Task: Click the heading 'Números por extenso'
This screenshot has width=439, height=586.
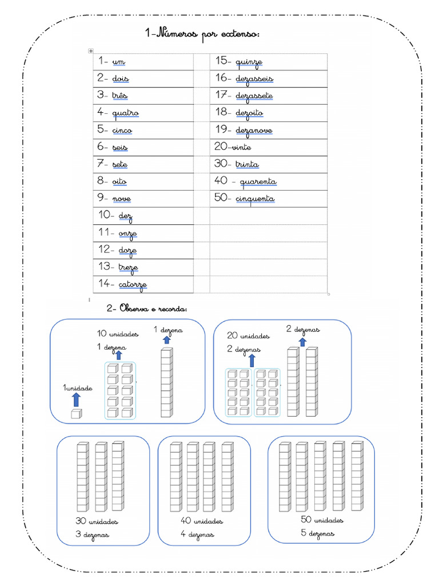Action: [203, 35]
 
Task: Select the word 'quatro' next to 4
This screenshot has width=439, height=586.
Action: [125, 113]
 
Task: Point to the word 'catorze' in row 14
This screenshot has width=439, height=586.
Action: [133, 284]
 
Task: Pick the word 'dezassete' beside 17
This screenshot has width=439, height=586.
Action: [254, 96]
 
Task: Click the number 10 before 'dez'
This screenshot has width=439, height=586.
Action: [106, 216]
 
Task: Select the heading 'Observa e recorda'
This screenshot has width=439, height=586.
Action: [147, 309]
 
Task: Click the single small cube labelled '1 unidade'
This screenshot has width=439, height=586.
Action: [76, 414]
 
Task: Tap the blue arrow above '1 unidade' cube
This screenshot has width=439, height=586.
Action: [77, 399]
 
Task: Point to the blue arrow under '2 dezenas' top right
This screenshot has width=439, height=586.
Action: [303, 341]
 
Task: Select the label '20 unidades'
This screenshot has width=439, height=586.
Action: [248, 335]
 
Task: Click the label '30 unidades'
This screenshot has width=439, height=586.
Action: [97, 521]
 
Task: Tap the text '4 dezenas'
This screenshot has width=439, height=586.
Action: [197, 534]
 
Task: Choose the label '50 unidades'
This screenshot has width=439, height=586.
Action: [322, 520]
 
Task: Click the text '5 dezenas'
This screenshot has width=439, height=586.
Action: [317, 534]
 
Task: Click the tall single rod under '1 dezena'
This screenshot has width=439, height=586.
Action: [166, 383]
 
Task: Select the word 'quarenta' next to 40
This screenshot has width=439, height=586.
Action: [258, 182]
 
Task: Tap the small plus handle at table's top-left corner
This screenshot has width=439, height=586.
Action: [90, 52]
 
